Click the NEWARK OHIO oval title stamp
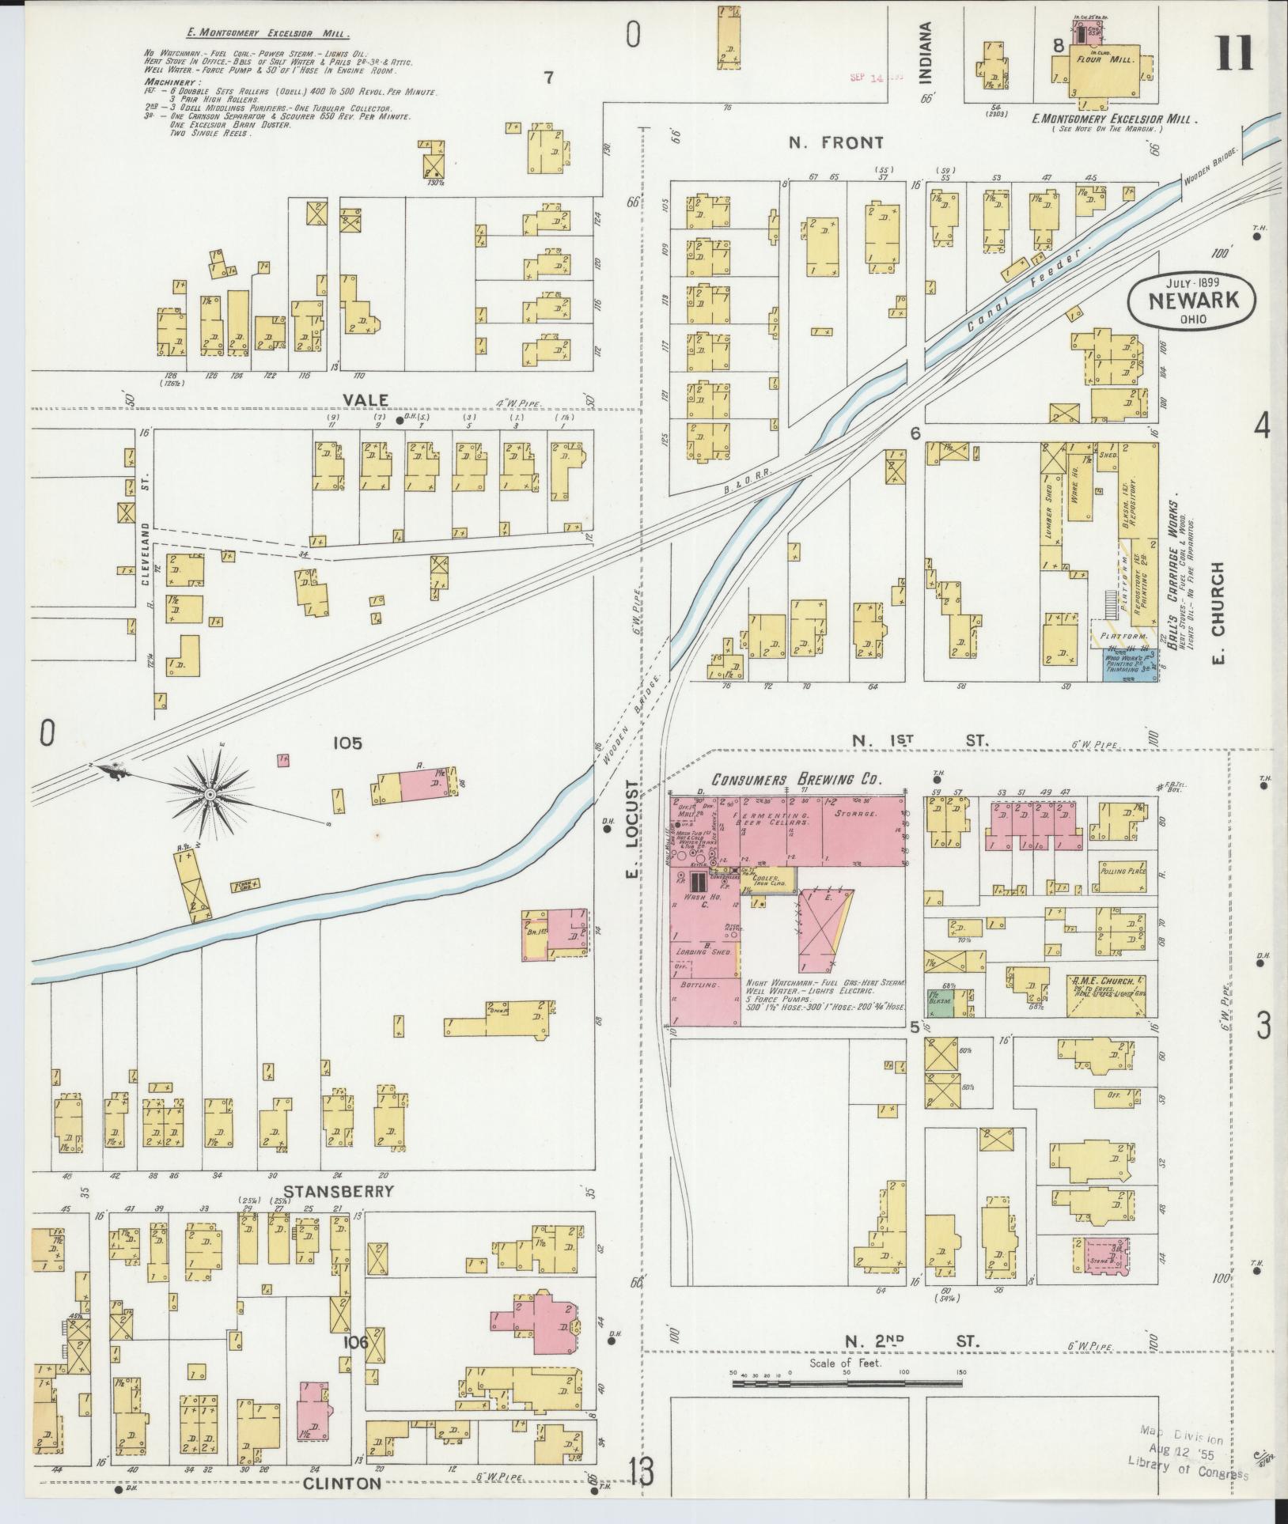(x=1191, y=301)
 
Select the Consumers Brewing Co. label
(x=796, y=779)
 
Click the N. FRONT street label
(x=835, y=143)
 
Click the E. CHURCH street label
(x=1217, y=613)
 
